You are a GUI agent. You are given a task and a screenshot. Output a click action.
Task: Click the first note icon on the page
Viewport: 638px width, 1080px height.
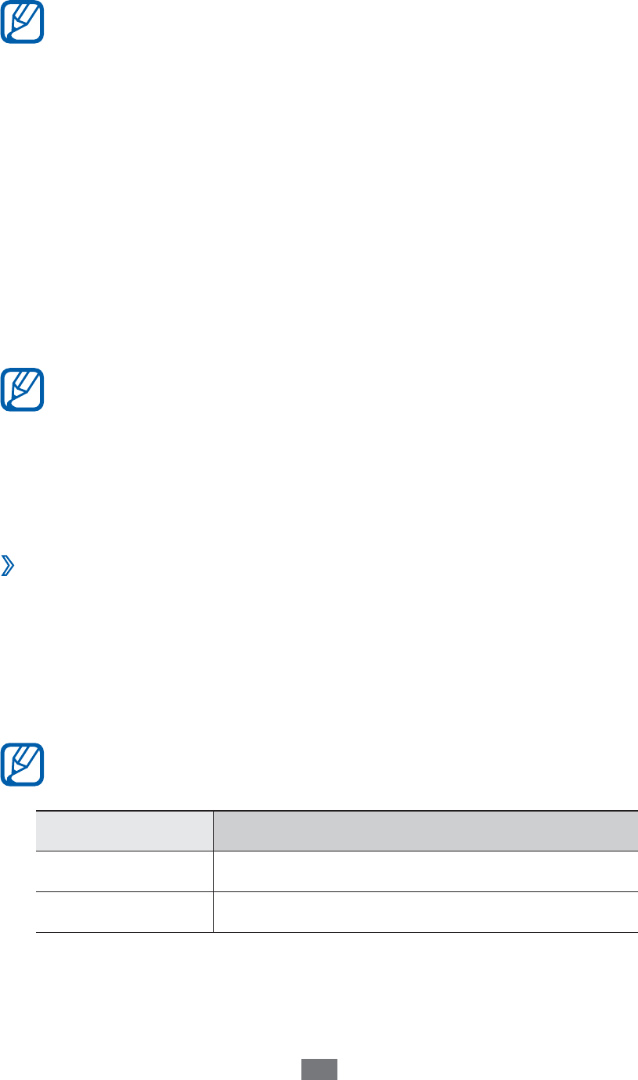(23, 22)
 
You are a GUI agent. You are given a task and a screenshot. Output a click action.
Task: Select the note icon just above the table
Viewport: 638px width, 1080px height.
(23, 765)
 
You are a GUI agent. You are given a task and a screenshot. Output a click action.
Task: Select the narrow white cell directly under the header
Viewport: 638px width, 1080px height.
(124, 871)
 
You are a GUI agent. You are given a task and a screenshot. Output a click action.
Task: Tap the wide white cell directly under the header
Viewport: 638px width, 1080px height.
(425, 871)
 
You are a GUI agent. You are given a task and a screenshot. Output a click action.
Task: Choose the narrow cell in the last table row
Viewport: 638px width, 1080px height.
(124, 912)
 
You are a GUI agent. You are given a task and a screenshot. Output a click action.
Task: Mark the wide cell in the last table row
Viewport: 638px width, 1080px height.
(425, 912)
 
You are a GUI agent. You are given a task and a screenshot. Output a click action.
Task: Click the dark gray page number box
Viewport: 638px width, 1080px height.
(319, 1070)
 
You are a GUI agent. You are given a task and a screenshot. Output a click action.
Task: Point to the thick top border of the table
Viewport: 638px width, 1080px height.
(337, 811)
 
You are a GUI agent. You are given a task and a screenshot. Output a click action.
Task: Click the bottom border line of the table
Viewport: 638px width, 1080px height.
(337, 932)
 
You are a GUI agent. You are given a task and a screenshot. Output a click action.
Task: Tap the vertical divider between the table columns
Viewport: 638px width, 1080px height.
(213, 871)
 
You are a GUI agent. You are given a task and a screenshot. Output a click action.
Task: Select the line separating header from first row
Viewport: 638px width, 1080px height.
(337, 851)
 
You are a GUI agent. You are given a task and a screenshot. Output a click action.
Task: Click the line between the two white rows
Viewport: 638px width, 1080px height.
(337, 891)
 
